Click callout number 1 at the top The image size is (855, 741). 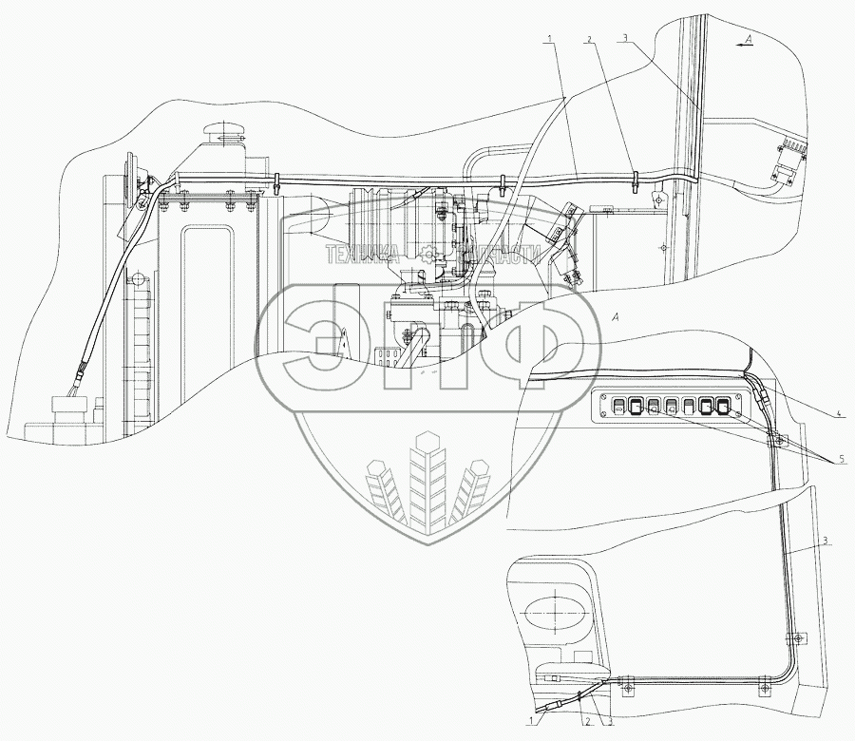(x=548, y=39)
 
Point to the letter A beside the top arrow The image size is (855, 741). (x=749, y=39)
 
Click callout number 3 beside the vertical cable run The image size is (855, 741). (x=826, y=541)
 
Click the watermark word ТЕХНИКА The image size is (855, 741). (x=362, y=254)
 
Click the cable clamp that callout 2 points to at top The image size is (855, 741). (x=634, y=177)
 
